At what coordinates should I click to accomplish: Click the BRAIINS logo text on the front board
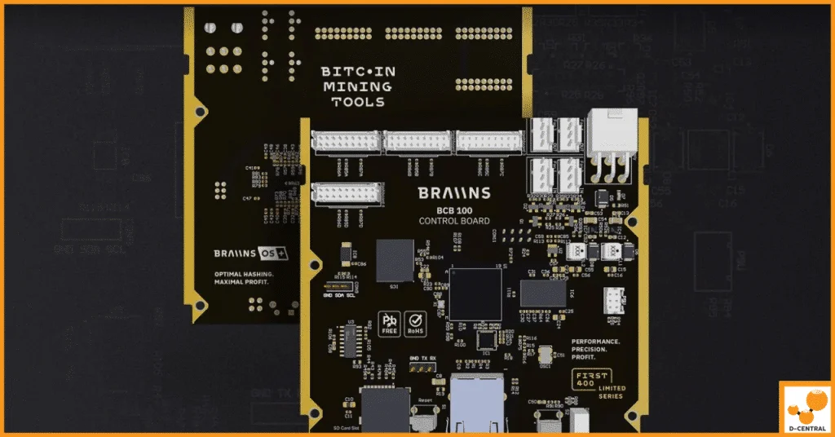tap(454, 193)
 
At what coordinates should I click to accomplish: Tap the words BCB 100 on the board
tap(454, 210)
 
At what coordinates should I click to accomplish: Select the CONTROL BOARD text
tap(454, 221)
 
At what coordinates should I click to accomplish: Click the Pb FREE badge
tap(388, 324)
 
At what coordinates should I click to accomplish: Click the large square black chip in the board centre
tap(475, 294)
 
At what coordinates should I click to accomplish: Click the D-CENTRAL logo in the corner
tap(806, 408)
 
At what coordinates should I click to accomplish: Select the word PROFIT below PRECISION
tap(586, 357)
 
